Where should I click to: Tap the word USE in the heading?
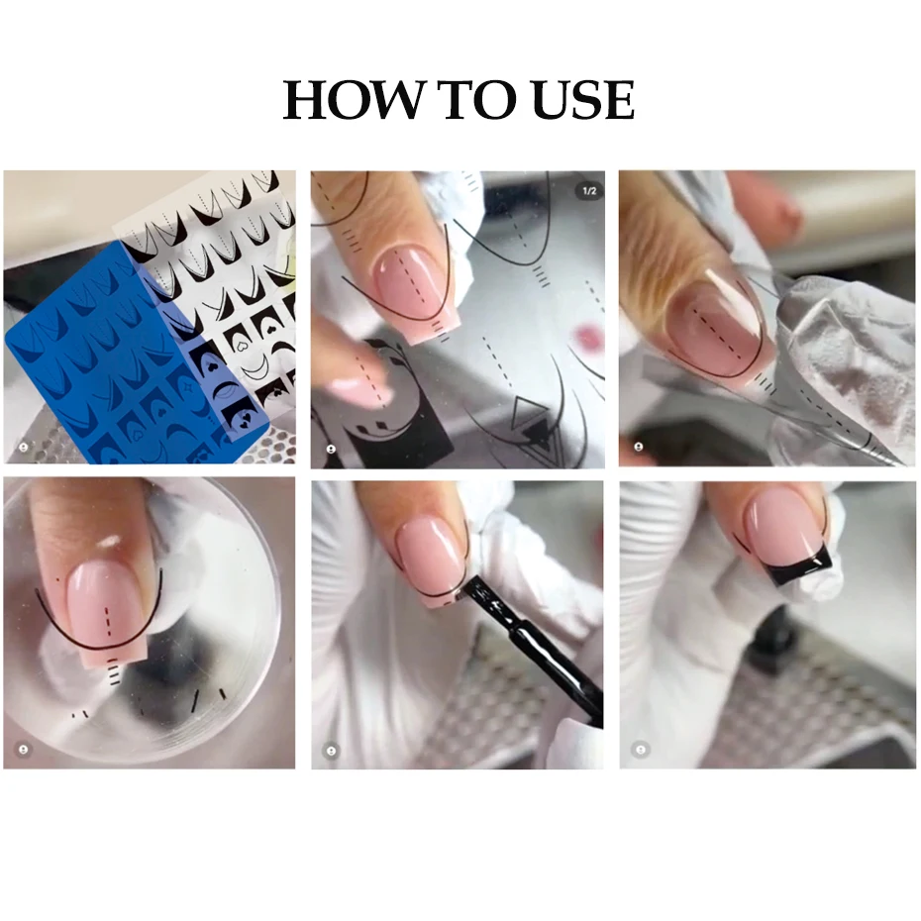pyautogui.click(x=575, y=100)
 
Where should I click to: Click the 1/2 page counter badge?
pyautogui.click(x=588, y=190)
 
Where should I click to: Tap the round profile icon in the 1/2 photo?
pyautogui.click(x=330, y=448)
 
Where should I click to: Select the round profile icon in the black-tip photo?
pyautogui.click(x=640, y=749)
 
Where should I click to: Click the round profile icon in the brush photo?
pyautogui.click(x=331, y=749)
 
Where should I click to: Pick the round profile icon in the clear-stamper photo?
pyautogui.click(x=23, y=749)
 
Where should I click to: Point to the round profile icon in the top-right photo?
pyautogui.click(x=639, y=448)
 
